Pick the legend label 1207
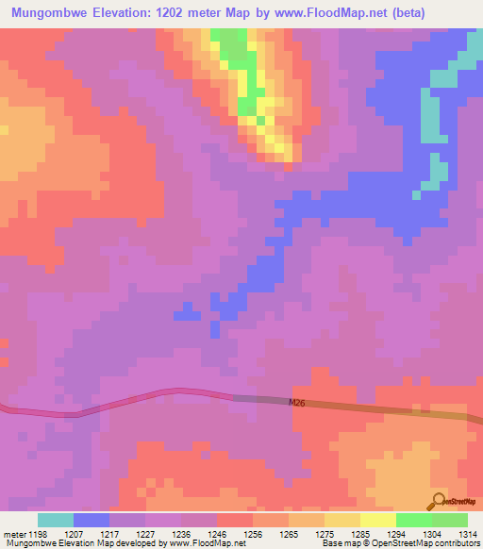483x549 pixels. pos(75,533)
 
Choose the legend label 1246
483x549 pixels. pos(216,533)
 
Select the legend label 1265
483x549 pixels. pos(288,533)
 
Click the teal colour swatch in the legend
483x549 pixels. pos(56,520)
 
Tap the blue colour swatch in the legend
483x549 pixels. pos(92,520)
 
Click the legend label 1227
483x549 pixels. pos(145,533)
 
